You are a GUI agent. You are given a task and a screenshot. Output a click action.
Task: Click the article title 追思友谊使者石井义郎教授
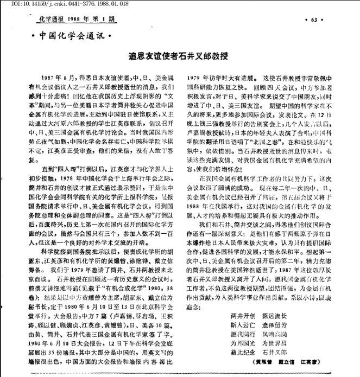click(181, 55)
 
